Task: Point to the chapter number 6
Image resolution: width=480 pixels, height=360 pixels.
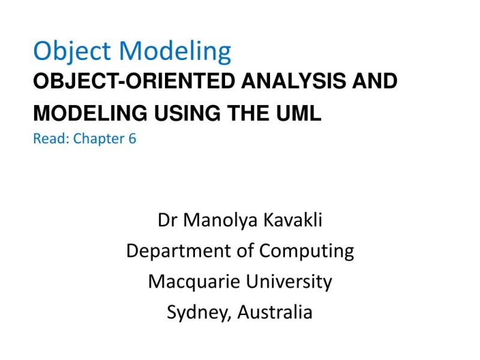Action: (x=132, y=139)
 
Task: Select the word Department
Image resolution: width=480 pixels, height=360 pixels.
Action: (x=180, y=251)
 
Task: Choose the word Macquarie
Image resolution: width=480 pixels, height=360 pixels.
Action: (x=192, y=281)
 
